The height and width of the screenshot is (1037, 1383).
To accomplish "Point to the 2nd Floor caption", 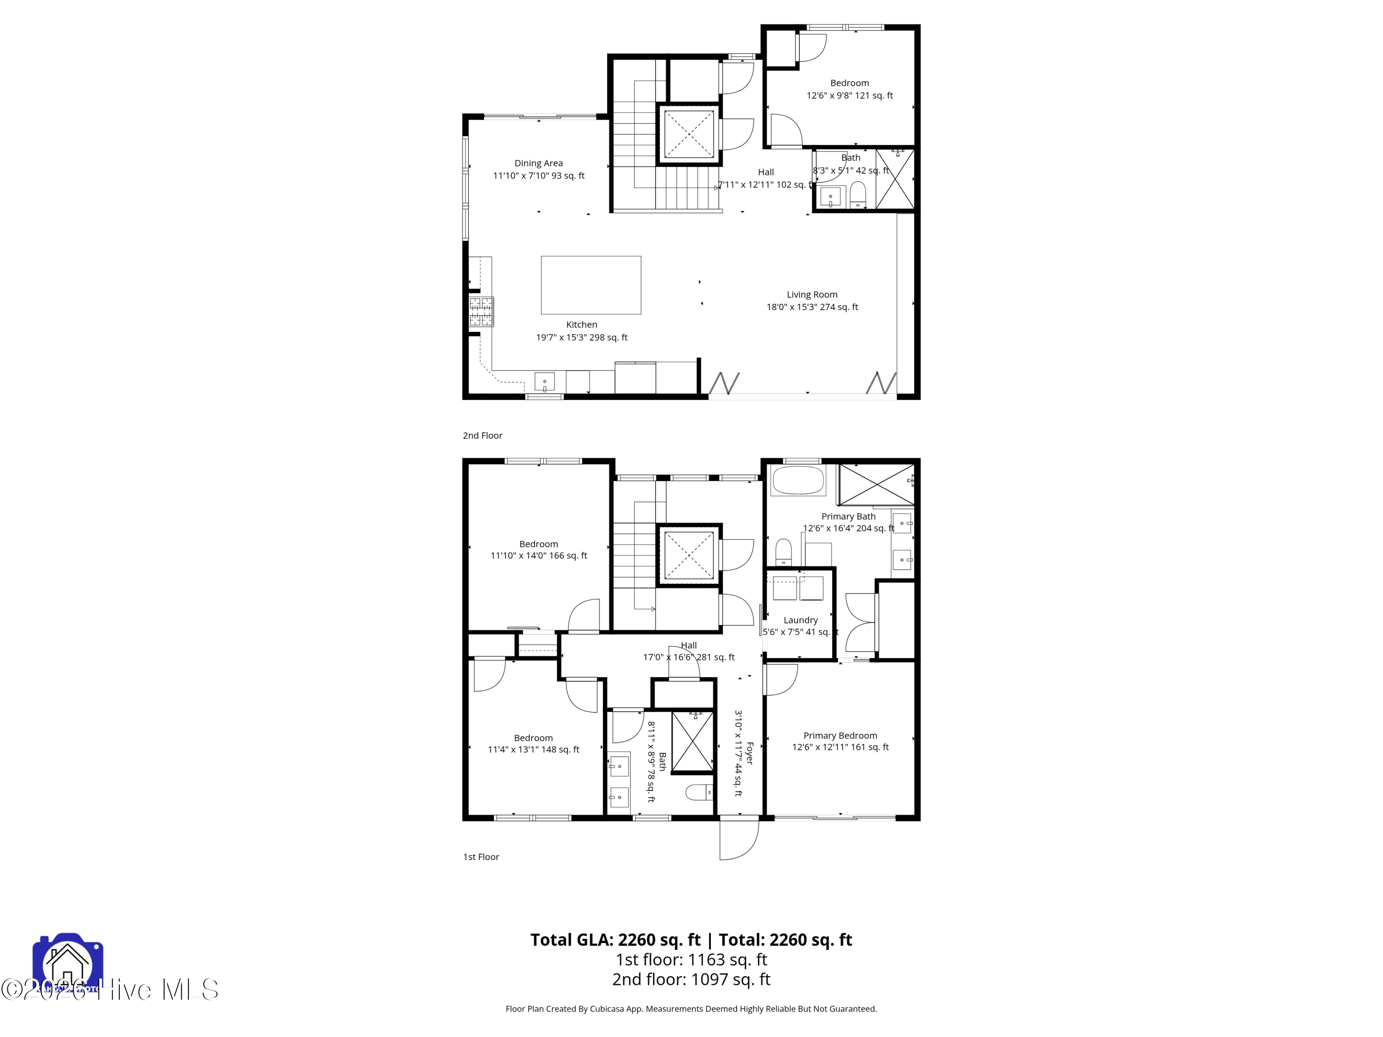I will [482, 435].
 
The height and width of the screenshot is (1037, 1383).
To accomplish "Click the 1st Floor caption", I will [481, 856].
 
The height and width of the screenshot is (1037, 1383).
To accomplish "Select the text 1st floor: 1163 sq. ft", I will [691, 960].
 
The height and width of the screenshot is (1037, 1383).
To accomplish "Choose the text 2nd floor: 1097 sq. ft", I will [691, 979].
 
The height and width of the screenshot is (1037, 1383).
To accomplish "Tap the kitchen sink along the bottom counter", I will [544, 381].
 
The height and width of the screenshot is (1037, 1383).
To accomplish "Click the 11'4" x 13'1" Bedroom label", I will [533, 743].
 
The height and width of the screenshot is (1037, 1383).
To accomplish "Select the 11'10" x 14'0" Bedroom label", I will [538, 549].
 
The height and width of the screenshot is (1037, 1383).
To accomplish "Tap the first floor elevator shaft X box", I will [688, 555].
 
